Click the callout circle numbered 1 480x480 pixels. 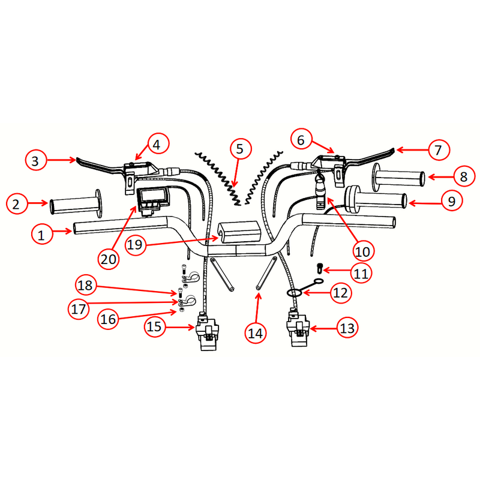coord(41,236)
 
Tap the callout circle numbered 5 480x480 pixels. coord(239,148)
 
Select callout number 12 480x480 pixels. coord(340,293)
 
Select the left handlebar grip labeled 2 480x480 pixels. coord(75,205)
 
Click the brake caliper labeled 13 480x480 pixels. coord(296,329)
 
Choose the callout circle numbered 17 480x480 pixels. coord(78,310)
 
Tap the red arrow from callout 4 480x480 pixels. coord(143,153)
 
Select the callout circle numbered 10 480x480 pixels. coord(364,250)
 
